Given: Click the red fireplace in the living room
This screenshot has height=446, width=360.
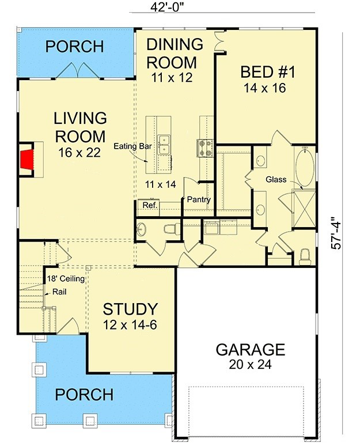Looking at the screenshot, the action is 27,159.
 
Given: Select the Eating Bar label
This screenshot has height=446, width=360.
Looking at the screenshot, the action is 132,146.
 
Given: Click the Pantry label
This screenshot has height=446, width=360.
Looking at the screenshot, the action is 199,200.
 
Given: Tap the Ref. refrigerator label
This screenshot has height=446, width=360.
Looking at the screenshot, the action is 150,205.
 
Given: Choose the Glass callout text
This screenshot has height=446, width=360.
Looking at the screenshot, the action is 276,179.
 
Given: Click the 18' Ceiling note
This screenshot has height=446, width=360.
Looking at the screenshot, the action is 66,278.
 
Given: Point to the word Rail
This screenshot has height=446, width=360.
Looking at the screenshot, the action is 59,292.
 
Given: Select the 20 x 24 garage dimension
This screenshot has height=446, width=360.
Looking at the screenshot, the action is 250,364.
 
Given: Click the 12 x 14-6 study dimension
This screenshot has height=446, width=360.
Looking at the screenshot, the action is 130,325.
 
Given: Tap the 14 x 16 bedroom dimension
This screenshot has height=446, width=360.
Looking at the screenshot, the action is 265,88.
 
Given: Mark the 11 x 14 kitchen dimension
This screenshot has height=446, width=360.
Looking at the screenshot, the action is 161,184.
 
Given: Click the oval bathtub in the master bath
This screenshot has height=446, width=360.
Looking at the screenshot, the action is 305,166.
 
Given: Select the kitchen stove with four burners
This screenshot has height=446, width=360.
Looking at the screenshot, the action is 205,148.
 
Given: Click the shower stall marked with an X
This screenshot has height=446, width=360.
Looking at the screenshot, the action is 304,209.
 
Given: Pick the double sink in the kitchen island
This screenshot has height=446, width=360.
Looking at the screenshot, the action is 164,145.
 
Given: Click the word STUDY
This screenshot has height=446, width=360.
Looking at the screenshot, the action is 130,309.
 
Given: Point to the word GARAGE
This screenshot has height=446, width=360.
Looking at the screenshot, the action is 250,350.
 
